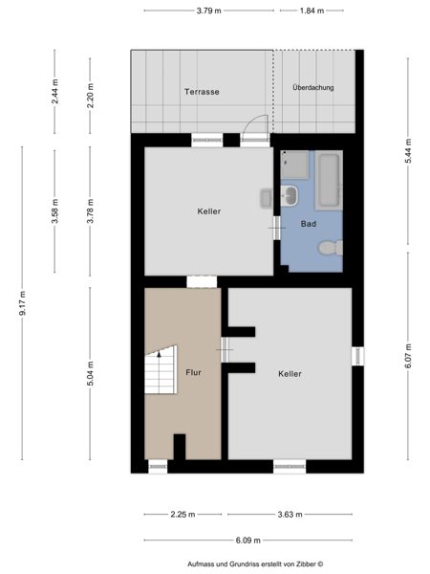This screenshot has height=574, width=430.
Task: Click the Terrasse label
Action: pos(202,92)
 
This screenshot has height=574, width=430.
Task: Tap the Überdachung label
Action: pos(313,87)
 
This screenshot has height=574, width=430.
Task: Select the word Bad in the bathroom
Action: pos(309,224)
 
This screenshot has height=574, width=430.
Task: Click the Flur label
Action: pos(193,373)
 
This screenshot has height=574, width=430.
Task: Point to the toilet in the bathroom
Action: pos(331,248)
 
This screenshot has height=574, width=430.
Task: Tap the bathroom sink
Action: pos(290,195)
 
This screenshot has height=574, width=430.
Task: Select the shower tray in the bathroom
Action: pos(294,166)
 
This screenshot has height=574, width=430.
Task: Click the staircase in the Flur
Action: pos(161,369)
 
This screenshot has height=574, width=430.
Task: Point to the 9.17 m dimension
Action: pos(22,303)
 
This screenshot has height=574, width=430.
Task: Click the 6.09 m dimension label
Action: pos(248,541)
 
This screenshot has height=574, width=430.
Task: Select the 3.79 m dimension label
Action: pos(208,11)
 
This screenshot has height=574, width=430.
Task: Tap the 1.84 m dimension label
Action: pos(312,11)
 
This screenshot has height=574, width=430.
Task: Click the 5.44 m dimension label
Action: pos(408,151)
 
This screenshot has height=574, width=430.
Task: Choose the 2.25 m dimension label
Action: pos(183,515)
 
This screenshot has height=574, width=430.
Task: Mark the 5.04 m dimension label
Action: pos(91,373)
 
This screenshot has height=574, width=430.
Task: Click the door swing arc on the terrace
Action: pos(250,120)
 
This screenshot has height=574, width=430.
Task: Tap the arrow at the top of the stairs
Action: pos(159,354)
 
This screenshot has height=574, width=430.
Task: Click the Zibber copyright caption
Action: pos(255,564)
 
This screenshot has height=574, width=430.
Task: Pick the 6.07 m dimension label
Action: pos(408,356)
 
